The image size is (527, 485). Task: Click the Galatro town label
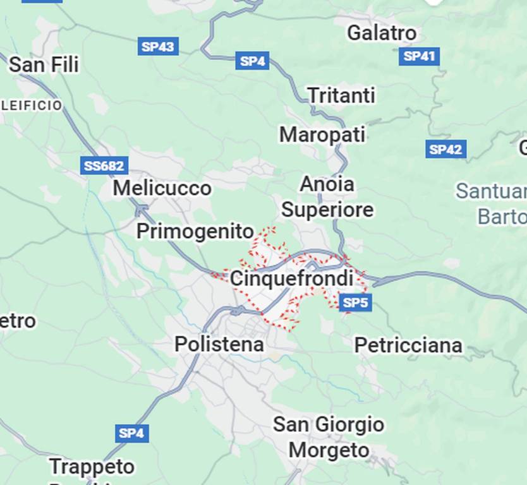tap(382, 33)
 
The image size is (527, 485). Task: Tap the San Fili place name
tap(44, 64)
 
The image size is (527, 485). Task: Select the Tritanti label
tap(341, 95)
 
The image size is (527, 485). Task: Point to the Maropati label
tap(322, 135)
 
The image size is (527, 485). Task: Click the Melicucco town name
tap(162, 188)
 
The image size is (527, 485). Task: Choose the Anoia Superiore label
tap(327, 197)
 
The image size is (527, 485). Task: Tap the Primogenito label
tap(195, 232)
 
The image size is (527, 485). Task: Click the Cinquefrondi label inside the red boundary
tap(291, 278)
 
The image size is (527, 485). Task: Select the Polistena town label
tap(219, 344)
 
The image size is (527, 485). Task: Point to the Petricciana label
tap(408, 345)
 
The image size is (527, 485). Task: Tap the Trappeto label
tap(92, 467)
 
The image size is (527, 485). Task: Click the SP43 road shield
tap(158, 46)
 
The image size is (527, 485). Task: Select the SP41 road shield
tap(419, 56)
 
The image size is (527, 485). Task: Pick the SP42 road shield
tap(445, 150)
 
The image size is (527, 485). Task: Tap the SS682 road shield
tap(104, 166)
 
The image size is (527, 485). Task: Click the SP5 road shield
tap(354, 302)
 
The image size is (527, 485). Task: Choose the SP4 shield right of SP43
tap(252, 61)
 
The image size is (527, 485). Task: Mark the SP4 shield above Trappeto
tap(131, 433)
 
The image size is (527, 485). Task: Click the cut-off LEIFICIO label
tap(32, 105)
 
